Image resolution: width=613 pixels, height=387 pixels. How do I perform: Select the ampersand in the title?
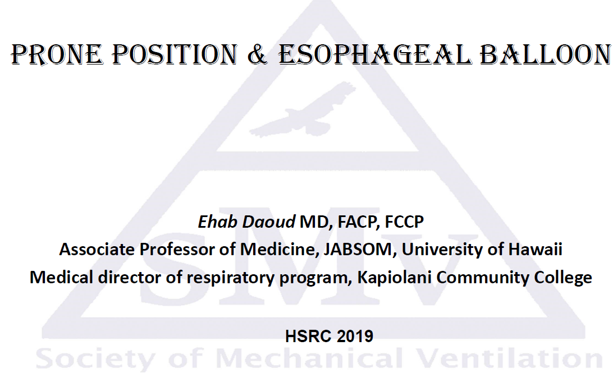point(257,54)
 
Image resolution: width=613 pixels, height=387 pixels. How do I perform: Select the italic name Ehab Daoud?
point(246,222)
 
